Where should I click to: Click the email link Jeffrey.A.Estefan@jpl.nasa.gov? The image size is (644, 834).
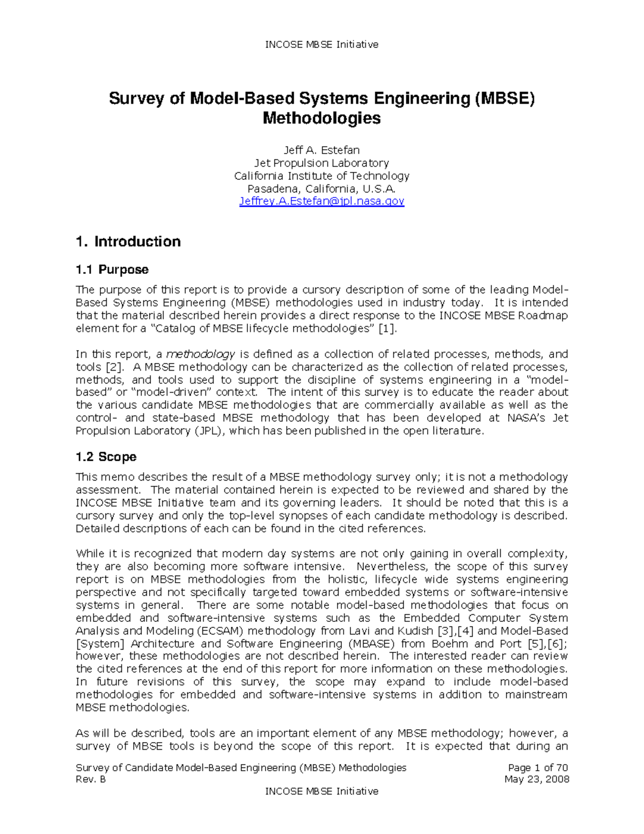[321, 201]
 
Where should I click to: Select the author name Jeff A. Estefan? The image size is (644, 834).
[321, 150]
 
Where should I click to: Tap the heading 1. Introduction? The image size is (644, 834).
[128, 242]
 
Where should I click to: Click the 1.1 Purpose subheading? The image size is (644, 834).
[112, 270]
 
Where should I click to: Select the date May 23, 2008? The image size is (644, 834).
[537, 779]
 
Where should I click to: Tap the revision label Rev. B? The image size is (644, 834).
[91, 779]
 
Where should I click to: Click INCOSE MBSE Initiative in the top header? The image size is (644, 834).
[321, 45]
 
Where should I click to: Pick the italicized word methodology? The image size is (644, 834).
[201, 354]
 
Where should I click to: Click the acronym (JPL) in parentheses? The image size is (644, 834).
[210, 431]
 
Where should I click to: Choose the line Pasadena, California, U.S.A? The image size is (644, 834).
[321, 188]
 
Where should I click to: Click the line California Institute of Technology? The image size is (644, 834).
[321, 176]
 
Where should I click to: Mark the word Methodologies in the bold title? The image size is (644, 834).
[321, 118]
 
